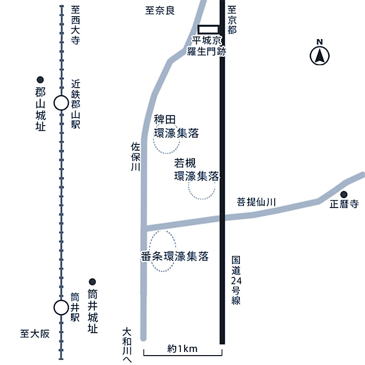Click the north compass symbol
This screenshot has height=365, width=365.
320,55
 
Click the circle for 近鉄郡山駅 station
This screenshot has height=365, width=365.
61,103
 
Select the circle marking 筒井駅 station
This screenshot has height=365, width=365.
61,308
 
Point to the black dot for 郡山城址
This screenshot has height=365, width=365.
40,79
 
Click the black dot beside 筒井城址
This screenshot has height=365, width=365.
92,281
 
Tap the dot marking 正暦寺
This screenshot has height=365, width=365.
344,194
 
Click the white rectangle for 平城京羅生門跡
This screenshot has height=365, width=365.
208,29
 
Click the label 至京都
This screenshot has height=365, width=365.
232,20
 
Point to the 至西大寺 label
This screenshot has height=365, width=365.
75,26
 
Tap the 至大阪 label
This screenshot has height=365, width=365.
34,334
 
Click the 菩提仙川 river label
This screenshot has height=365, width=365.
256,201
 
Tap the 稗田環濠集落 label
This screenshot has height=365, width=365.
176,127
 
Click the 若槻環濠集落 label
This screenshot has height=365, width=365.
196,169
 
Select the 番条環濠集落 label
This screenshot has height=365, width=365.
175,257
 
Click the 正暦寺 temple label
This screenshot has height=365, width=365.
344,204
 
